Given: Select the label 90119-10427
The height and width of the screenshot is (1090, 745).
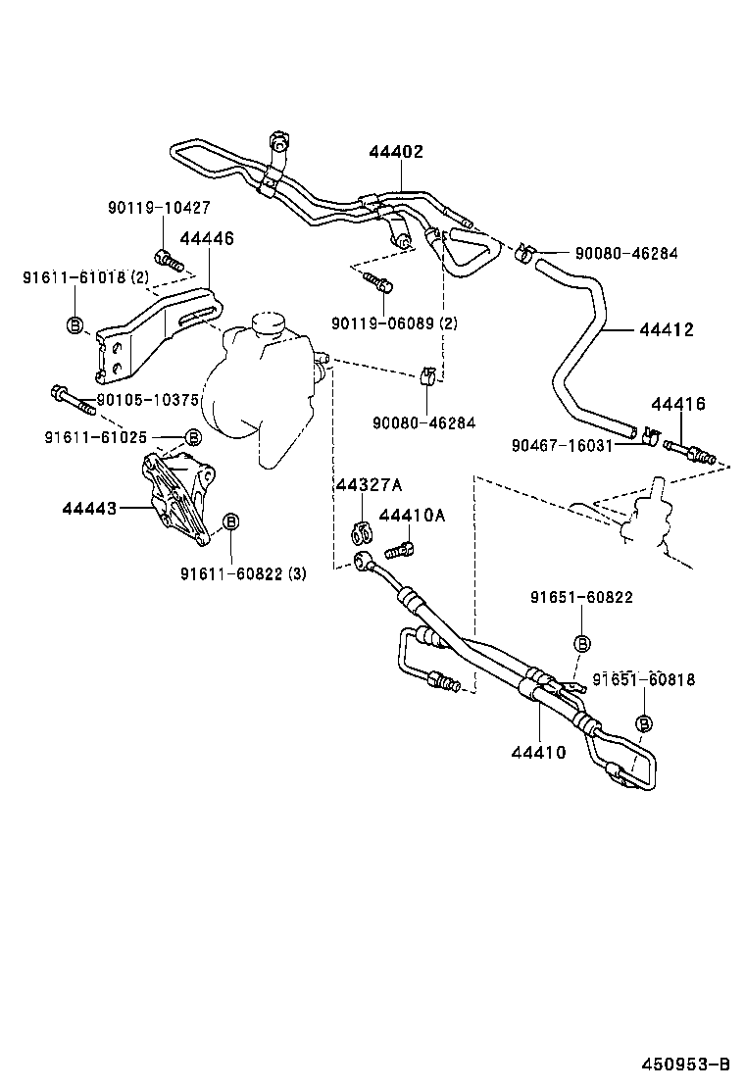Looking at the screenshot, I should [158, 208].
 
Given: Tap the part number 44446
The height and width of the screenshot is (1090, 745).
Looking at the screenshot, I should [207, 238].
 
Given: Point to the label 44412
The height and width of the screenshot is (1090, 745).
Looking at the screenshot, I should [667, 329].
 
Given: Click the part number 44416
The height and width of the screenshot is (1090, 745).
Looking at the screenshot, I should [678, 404].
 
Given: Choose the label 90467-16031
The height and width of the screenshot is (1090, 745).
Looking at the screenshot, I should [562, 444].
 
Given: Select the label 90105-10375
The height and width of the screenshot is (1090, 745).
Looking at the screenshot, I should [149, 400].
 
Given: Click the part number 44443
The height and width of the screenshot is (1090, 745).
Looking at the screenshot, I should [89, 508].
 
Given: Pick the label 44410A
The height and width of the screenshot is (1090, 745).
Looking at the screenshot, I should [412, 516].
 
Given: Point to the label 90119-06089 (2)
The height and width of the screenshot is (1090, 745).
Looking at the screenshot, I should [394, 322].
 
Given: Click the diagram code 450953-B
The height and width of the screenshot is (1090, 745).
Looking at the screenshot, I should [686, 1064].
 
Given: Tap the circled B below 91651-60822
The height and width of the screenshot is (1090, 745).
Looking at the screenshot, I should [581, 643].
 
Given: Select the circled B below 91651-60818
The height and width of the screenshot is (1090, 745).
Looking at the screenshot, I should [645, 723].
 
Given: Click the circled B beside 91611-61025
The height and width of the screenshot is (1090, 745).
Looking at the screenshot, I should [193, 436].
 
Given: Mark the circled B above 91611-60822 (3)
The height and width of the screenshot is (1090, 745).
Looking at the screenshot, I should [231, 521].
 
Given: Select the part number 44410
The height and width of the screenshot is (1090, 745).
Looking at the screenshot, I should [536, 752].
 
